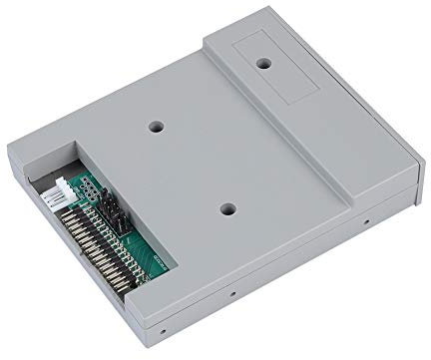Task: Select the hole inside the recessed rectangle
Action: coord(264,62)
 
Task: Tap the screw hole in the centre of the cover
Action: coord(228,210)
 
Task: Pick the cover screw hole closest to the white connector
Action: coord(155,128)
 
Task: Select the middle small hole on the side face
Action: coord(233,295)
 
